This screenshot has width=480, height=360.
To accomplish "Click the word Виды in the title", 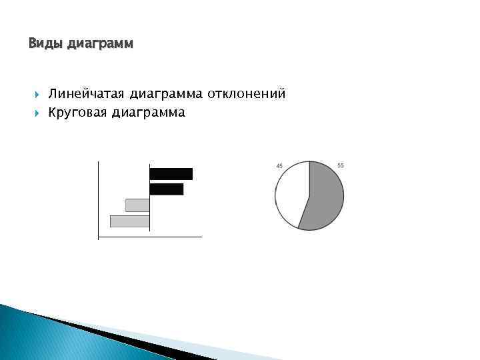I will click(x=42, y=44).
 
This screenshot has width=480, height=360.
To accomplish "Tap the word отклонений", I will click(x=246, y=94).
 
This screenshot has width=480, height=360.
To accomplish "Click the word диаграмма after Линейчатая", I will click(x=167, y=94).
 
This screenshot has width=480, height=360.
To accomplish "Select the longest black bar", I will click(x=171, y=174).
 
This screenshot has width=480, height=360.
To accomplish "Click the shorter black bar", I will click(x=166, y=189).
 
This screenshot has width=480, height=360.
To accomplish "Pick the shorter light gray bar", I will click(x=137, y=205).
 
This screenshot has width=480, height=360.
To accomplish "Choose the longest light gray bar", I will click(x=129, y=221).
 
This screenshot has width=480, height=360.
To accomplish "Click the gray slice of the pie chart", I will click(x=325, y=196).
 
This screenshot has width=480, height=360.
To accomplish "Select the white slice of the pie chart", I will click(x=291, y=193).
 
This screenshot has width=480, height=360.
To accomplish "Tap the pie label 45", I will click(x=279, y=165).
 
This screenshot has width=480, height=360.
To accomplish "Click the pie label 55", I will click(x=341, y=165).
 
